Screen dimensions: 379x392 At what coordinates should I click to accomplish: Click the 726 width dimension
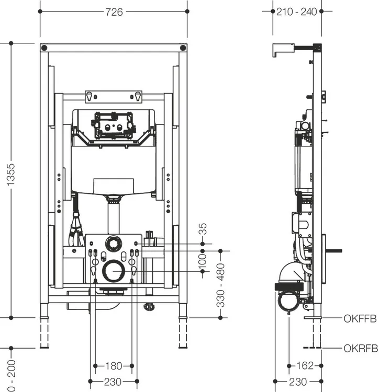(114, 11)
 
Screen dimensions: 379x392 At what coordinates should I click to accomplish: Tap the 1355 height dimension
(11, 175)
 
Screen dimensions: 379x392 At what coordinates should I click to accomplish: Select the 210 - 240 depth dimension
(297, 11)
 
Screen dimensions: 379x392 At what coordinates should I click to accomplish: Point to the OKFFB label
(360, 319)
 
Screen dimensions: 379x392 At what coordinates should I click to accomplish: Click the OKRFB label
(361, 348)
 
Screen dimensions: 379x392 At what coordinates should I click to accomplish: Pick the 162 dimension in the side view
(305, 366)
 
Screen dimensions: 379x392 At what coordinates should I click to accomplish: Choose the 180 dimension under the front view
(114, 366)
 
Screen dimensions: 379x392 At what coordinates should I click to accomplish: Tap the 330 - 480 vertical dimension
(220, 285)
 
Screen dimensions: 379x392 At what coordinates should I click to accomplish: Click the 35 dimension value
(203, 229)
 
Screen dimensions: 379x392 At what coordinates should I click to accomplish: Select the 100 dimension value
(202, 261)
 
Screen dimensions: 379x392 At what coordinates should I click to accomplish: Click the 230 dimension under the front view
(113, 382)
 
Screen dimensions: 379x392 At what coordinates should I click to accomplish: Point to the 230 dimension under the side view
(298, 382)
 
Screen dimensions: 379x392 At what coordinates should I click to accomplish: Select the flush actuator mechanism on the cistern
(114, 125)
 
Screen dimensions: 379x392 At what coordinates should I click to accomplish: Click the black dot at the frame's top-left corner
(44, 48)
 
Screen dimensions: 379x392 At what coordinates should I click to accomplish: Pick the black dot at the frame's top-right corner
(183, 48)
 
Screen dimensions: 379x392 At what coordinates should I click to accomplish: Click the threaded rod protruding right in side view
(333, 251)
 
